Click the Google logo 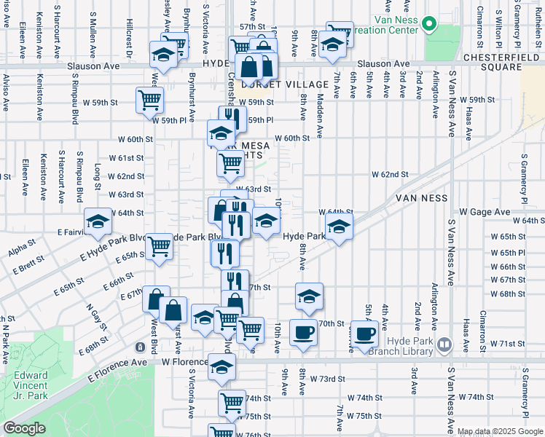(24, 428)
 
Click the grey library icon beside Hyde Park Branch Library (444, 343)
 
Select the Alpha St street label (22, 252)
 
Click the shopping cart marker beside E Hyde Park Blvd (159, 246)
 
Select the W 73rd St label (327, 379)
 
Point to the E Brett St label (28, 268)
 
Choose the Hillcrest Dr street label (128, 38)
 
